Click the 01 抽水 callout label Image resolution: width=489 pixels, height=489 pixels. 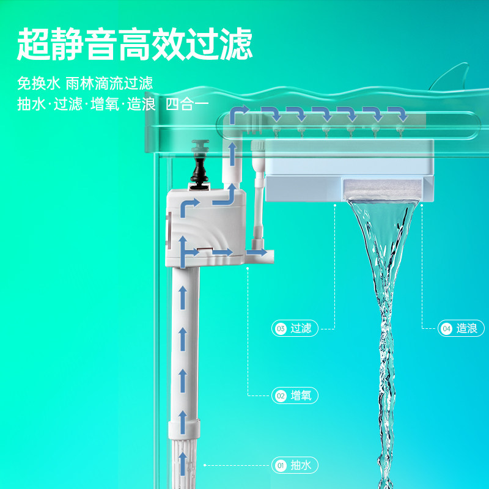[x=295, y=465]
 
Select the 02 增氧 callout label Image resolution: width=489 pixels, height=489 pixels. [x=295, y=395]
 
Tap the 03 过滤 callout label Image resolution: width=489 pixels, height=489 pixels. [x=295, y=328]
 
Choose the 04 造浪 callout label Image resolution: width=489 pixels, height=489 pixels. [x=461, y=328]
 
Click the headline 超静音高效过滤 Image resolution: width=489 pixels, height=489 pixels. [x=134, y=44]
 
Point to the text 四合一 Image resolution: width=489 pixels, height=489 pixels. [x=187, y=105]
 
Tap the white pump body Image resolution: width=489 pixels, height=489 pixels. [x=206, y=227]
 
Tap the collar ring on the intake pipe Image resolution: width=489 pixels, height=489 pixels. [x=184, y=429]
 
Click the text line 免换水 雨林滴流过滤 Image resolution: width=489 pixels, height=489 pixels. [x=85, y=83]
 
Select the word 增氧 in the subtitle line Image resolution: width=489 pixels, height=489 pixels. [x=105, y=105]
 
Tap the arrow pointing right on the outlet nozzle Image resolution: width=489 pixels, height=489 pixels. [x=257, y=252]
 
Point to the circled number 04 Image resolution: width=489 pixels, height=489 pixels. [x=447, y=328]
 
